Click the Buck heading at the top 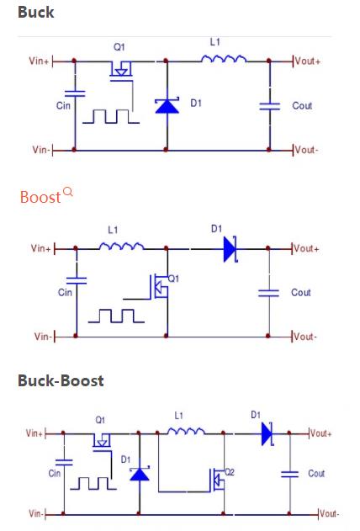tap(36, 13)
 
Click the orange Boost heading tap(40, 197)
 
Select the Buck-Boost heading tap(61, 380)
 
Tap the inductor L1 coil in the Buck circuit tap(223, 58)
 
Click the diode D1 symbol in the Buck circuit tap(166, 105)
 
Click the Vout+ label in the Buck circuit tap(307, 61)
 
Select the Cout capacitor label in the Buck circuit tap(302, 106)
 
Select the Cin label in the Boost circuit tap(65, 293)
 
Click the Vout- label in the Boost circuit tap(305, 337)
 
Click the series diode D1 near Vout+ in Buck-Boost tap(266, 433)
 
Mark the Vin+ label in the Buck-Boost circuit tap(34, 433)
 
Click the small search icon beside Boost tap(68, 192)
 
